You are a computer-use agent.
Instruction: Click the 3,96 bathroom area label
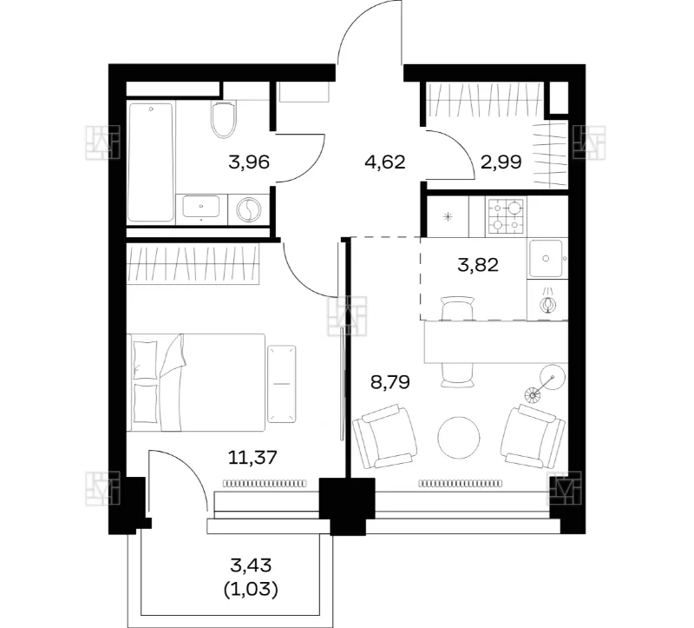249,162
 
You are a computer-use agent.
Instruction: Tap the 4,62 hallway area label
384,162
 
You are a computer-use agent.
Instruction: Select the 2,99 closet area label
501,162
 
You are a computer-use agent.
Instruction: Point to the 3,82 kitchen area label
478,265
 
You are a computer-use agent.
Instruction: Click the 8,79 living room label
390,381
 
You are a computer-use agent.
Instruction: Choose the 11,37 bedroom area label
252,457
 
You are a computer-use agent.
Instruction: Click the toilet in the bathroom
223,119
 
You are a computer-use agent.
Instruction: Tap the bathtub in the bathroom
150,162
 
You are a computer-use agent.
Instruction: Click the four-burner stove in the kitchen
507,215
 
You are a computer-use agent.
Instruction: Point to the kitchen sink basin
546,259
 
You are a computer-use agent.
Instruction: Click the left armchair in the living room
385,437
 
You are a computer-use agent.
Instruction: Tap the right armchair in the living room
533,437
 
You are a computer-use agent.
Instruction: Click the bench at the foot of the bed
281,384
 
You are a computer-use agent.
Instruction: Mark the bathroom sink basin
201,206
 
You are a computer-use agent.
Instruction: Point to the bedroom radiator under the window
265,483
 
